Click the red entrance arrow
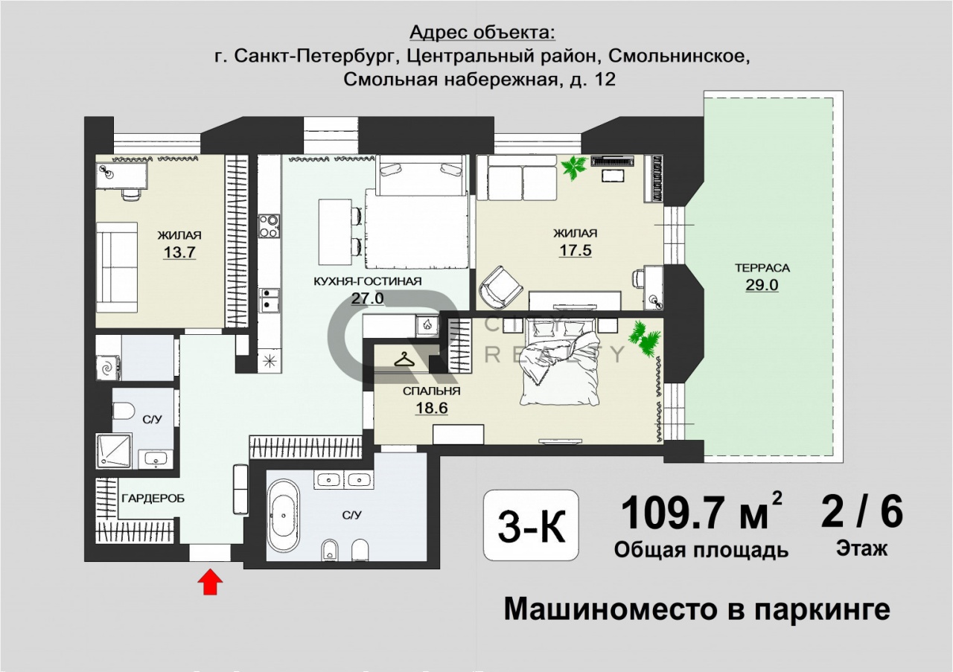[210, 582]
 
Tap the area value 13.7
[179, 252]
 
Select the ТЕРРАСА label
[762, 268]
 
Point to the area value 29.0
[762, 285]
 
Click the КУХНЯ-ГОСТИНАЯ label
[368, 281]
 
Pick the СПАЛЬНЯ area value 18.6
[431, 408]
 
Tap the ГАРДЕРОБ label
[153, 499]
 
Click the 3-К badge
[532, 525]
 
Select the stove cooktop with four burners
[270, 226]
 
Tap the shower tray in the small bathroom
[114, 451]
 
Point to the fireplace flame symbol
[427, 325]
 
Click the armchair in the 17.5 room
[501, 287]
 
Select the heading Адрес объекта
[482, 33]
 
